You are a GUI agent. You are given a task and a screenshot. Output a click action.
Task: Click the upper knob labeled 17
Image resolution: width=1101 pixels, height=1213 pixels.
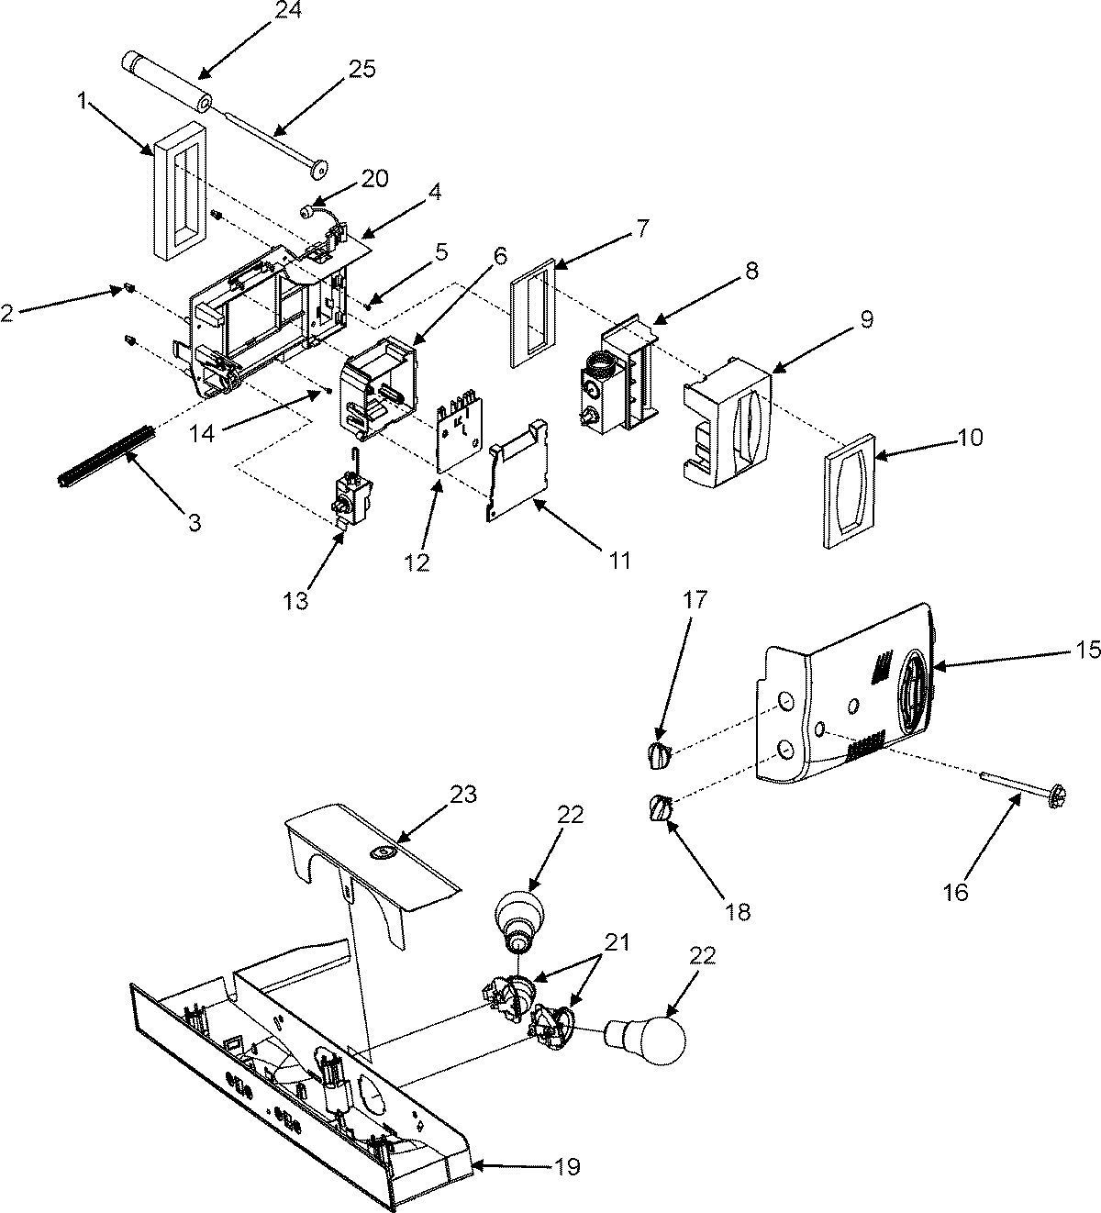(659, 754)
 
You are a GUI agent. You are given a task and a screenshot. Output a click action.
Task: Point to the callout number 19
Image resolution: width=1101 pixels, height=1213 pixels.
(567, 1167)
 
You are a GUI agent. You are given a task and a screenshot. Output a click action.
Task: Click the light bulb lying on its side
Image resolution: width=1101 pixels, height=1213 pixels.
(648, 1040)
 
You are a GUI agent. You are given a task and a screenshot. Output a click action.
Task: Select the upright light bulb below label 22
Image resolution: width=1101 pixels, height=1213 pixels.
(520, 916)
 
